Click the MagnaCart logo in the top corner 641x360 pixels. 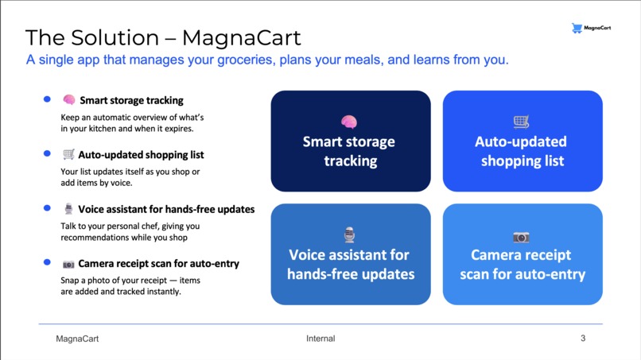pyautogui.click(x=591, y=29)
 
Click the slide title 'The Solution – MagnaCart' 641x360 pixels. pyautogui.click(x=163, y=37)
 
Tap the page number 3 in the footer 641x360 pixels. pyautogui.click(x=583, y=339)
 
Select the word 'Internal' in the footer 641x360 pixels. pyautogui.click(x=320, y=339)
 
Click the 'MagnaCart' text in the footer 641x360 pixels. pyautogui.click(x=77, y=339)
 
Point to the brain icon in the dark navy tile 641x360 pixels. pyautogui.click(x=349, y=122)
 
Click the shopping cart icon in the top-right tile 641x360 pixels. pyautogui.click(x=521, y=122)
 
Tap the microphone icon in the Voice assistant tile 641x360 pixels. pyautogui.click(x=349, y=234)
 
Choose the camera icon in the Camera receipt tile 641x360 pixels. pyautogui.click(x=521, y=237)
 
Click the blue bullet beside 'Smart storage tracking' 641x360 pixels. pyautogui.click(x=47, y=99)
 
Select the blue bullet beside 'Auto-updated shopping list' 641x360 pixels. pyautogui.click(x=47, y=153)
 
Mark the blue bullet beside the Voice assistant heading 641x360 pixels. pyautogui.click(x=47, y=208)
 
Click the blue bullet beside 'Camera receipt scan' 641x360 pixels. pyautogui.click(x=47, y=262)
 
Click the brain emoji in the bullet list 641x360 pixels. pyautogui.click(x=69, y=100)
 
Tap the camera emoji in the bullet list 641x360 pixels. pyautogui.click(x=69, y=264)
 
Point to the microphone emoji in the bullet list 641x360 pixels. pyautogui.click(x=69, y=209)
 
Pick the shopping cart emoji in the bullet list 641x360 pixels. pyautogui.click(x=69, y=155)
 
